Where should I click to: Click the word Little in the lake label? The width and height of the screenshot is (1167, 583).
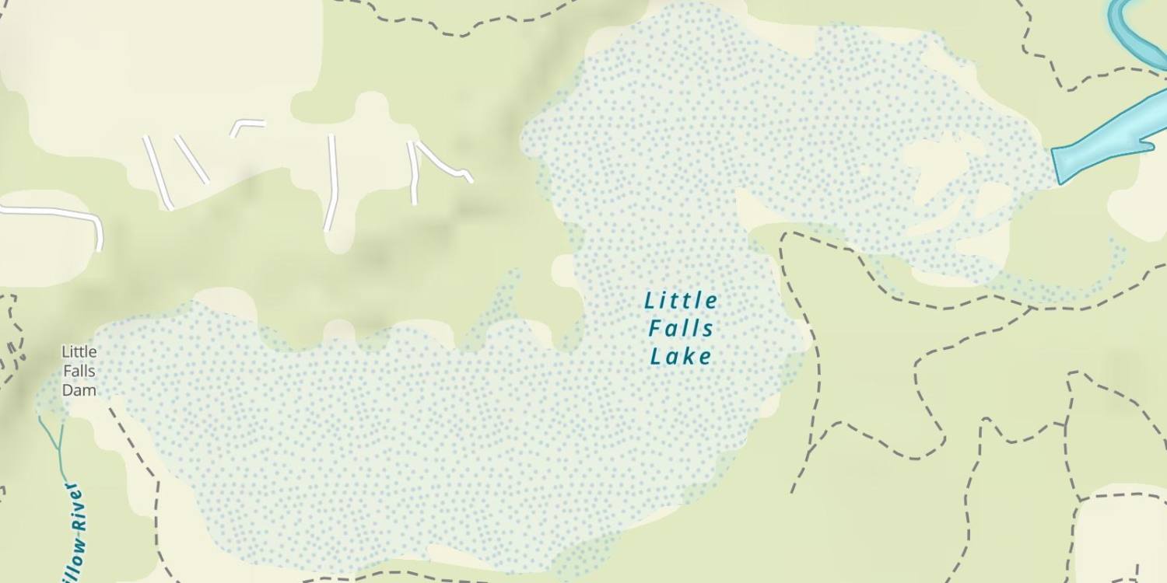point(681,300)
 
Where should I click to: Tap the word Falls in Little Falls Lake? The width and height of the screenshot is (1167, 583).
point(681,328)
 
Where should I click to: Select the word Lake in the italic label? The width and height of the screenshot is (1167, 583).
point(681,357)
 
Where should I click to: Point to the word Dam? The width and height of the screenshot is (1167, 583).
point(79,390)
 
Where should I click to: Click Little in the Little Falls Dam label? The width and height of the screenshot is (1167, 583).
point(79,352)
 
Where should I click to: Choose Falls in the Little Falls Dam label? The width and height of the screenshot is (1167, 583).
point(79,371)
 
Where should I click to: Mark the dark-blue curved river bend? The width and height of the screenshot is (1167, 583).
point(1128,31)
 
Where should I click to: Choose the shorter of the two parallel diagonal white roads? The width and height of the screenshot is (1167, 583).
point(191,159)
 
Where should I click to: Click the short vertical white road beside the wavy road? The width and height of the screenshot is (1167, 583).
point(412,175)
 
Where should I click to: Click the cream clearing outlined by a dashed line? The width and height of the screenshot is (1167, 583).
point(1120,536)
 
